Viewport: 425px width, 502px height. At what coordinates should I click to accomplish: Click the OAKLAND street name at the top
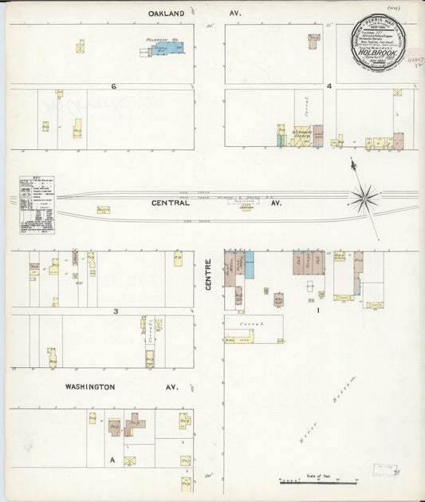167,14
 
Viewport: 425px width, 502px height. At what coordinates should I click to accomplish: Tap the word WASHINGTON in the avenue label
90,387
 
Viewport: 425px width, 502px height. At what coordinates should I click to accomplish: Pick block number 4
329,85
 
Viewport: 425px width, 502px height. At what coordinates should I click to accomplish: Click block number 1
318,310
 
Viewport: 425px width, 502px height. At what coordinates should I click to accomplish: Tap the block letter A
112,460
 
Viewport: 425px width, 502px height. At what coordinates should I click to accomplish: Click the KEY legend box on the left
36,205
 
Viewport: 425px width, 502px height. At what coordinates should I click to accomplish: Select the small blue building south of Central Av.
250,265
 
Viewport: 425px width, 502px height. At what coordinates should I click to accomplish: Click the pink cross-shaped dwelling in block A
133,423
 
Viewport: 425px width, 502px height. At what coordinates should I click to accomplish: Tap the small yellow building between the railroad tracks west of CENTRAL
103,210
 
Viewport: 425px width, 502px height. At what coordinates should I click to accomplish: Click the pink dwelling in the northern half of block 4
314,41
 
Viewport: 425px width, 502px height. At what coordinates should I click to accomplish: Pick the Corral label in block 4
301,106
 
